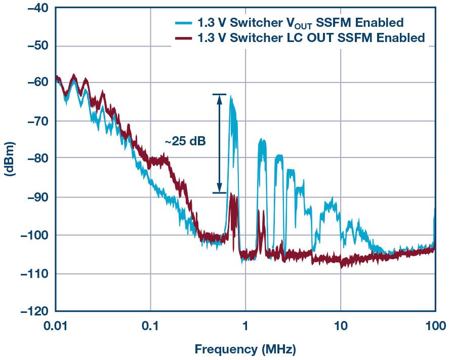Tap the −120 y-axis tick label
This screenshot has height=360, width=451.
32,311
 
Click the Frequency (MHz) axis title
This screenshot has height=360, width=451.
245,349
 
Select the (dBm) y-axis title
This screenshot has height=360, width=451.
10,159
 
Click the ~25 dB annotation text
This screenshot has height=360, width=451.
185,142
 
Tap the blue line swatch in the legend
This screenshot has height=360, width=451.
183,23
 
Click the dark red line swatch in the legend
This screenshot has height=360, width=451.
183,38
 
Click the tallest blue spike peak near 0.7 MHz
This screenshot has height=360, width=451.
231,97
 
